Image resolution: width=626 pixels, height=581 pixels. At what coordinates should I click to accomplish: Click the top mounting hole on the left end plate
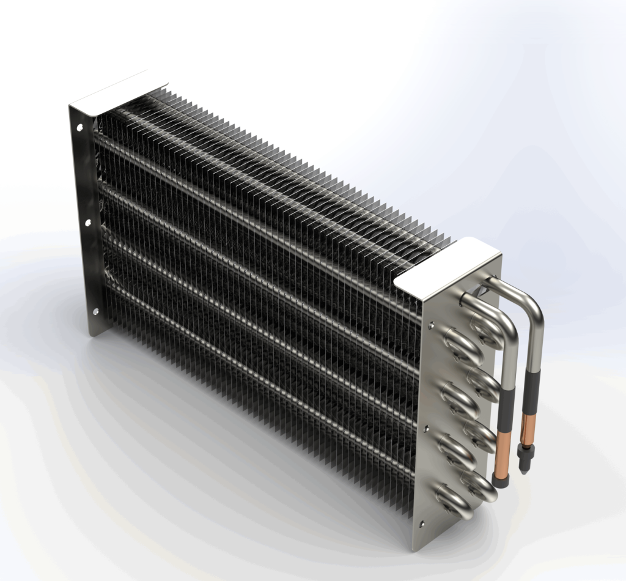(x=79, y=128)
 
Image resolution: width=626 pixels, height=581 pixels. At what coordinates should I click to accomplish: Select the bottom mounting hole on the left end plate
(x=96, y=311)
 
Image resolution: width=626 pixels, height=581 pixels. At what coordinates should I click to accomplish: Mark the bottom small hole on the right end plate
(x=422, y=524)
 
